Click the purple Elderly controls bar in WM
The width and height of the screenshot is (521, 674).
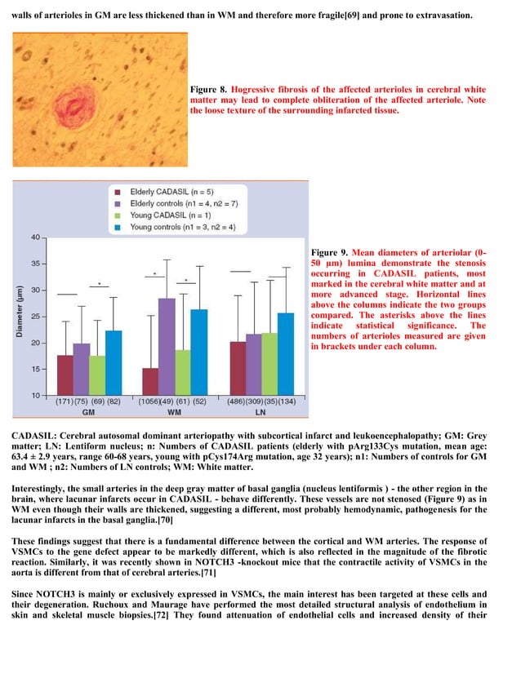pos(167,346)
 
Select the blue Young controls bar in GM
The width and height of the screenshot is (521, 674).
pos(113,362)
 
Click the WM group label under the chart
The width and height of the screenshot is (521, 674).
pos(175,412)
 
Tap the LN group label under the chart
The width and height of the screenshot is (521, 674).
pos(260,412)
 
